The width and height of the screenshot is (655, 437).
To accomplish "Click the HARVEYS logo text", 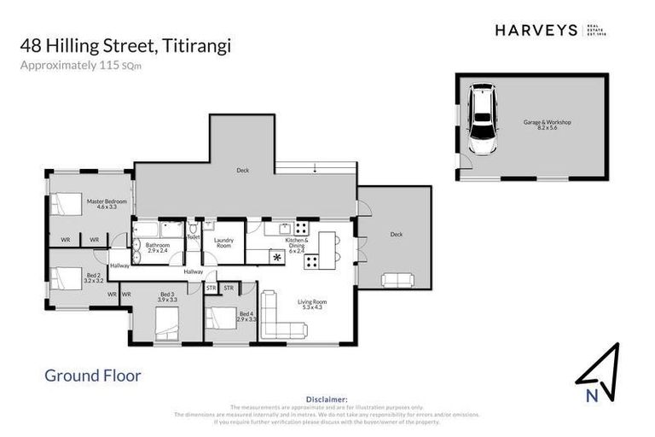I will coord(536,30).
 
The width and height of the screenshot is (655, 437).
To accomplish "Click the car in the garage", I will coord(484,119).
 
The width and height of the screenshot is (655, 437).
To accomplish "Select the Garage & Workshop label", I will coord(547,125).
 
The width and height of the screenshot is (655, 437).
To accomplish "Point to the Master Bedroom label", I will coord(107,204).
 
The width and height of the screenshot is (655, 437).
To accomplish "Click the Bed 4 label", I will coord(246,317).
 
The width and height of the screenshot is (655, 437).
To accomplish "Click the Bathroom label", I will coord(159,248).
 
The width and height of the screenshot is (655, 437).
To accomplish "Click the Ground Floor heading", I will coord(92,376).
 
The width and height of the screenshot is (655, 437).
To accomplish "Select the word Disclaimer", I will coord(327,399).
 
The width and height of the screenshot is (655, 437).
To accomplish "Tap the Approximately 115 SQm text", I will coord(91,65).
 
